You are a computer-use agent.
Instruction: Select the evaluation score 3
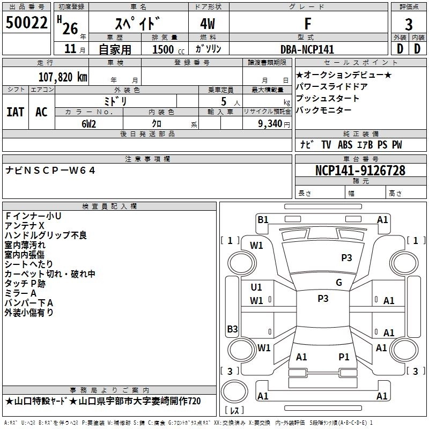tap(409, 24)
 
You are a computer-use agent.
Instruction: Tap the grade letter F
tap(307, 24)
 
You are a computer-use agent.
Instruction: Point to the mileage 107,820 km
tap(62, 76)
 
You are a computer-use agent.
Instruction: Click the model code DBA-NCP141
tap(307, 49)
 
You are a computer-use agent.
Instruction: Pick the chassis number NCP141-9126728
tap(360, 171)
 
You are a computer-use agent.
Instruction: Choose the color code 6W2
tap(88, 123)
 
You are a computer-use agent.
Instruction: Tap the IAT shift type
tap(15, 112)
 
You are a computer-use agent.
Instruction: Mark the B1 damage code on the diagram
tap(263, 219)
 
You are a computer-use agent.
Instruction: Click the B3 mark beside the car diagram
tap(232, 329)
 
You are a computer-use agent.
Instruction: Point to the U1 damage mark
tap(257, 287)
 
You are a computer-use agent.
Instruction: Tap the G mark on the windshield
tap(339, 283)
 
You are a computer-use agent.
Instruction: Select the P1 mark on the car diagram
tap(344, 357)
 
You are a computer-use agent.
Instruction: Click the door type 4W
tap(209, 24)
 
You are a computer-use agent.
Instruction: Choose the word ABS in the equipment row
tap(345, 145)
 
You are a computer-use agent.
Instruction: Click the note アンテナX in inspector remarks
tap(25, 225)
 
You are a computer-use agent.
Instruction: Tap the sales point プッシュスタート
tap(328, 99)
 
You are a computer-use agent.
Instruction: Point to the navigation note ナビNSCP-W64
tap(50, 171)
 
